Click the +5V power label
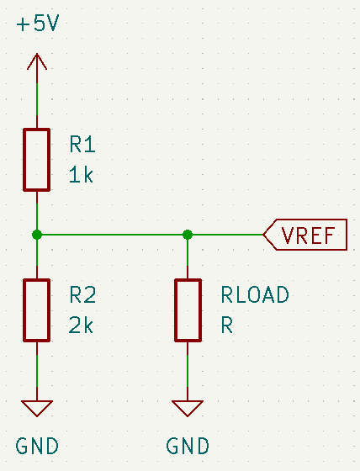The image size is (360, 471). click(x=38, y=24)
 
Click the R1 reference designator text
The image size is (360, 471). click(x=82, y=145)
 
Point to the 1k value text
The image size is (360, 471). click(x=81, y=175)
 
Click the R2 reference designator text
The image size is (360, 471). click(x=82, y=295)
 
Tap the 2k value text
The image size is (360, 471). click(x=81, y=325)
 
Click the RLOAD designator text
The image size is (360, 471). click(x=255, y=294)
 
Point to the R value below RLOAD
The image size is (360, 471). click(x=227, y=325)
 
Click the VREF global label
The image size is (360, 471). click(x=305, y=235)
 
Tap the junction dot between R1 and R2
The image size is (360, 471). click(x=37, y=235)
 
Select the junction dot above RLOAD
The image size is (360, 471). click(x=188, y=235)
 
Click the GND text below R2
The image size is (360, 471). click(x=37, y=446)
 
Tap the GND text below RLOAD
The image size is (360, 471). click(x=188, y=446)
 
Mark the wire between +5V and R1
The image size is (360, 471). click(x=37, y=99)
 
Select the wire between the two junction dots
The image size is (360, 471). click(x=113, y=235)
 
